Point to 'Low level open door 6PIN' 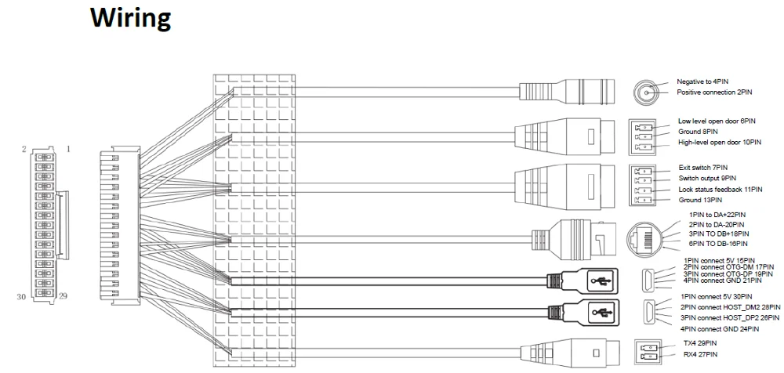pyautogui.click(x=717, y=122)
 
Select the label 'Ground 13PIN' pyautogui.click(x=699, y=200)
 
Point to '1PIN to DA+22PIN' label pyautogui.click(x=716, y=215)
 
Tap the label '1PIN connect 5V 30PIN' pyautogui.click(x=720, y=297)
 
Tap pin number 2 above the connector pyautogui.click(x=26, y=148)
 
